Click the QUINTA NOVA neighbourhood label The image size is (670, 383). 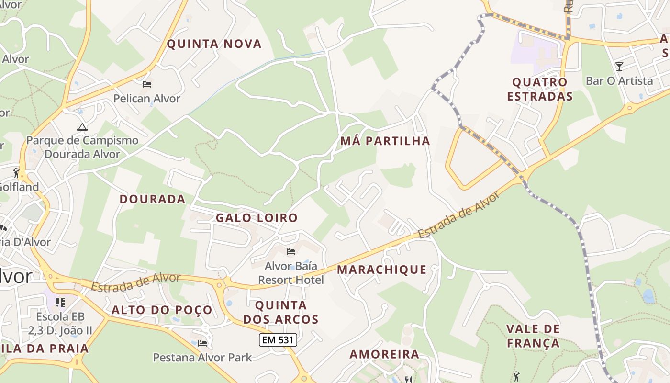point(214,44)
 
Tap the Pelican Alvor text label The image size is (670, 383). point(147,99)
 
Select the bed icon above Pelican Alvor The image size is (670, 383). point(147,84)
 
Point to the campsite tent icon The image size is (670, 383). point(82,127)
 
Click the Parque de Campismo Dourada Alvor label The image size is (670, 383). point(82,147)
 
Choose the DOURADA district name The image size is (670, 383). point(152,199)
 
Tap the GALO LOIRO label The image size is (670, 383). point(257,218)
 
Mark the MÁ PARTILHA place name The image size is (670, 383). point(385,141)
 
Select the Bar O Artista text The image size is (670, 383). point(619,80)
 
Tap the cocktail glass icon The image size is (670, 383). point(619,66)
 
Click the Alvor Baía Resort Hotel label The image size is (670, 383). point(291,273)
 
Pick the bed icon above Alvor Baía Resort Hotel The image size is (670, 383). point(291,252)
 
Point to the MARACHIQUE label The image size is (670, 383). point(381,270)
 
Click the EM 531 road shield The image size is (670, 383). point(278,340)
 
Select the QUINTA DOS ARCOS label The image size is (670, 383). point(280,312)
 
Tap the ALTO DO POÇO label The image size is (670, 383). point(162,310)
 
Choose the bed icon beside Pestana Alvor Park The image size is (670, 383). point(202,343)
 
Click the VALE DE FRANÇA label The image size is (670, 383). point(533,336)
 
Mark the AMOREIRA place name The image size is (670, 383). point(384,354)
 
